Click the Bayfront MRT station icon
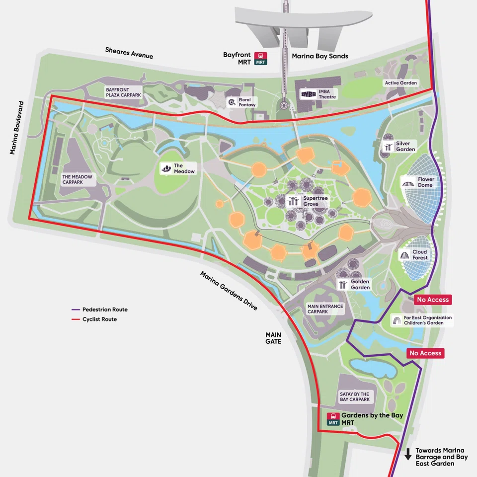point(260,59)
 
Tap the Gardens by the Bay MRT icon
point(333,419)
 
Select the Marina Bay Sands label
point(319,56)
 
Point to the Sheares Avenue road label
point(129,53)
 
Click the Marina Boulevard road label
point(16,128)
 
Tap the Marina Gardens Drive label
point(229,291)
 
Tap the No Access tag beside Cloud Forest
point(432,300)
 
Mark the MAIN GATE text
point(273,338)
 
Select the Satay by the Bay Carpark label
point(354,397)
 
